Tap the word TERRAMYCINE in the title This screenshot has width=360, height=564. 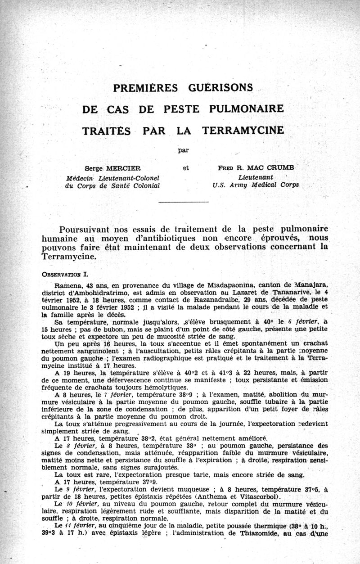(x=243, y=131)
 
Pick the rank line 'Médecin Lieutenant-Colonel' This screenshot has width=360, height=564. (x=113, y=177)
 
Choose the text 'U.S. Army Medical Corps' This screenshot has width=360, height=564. (x=256, y=185)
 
